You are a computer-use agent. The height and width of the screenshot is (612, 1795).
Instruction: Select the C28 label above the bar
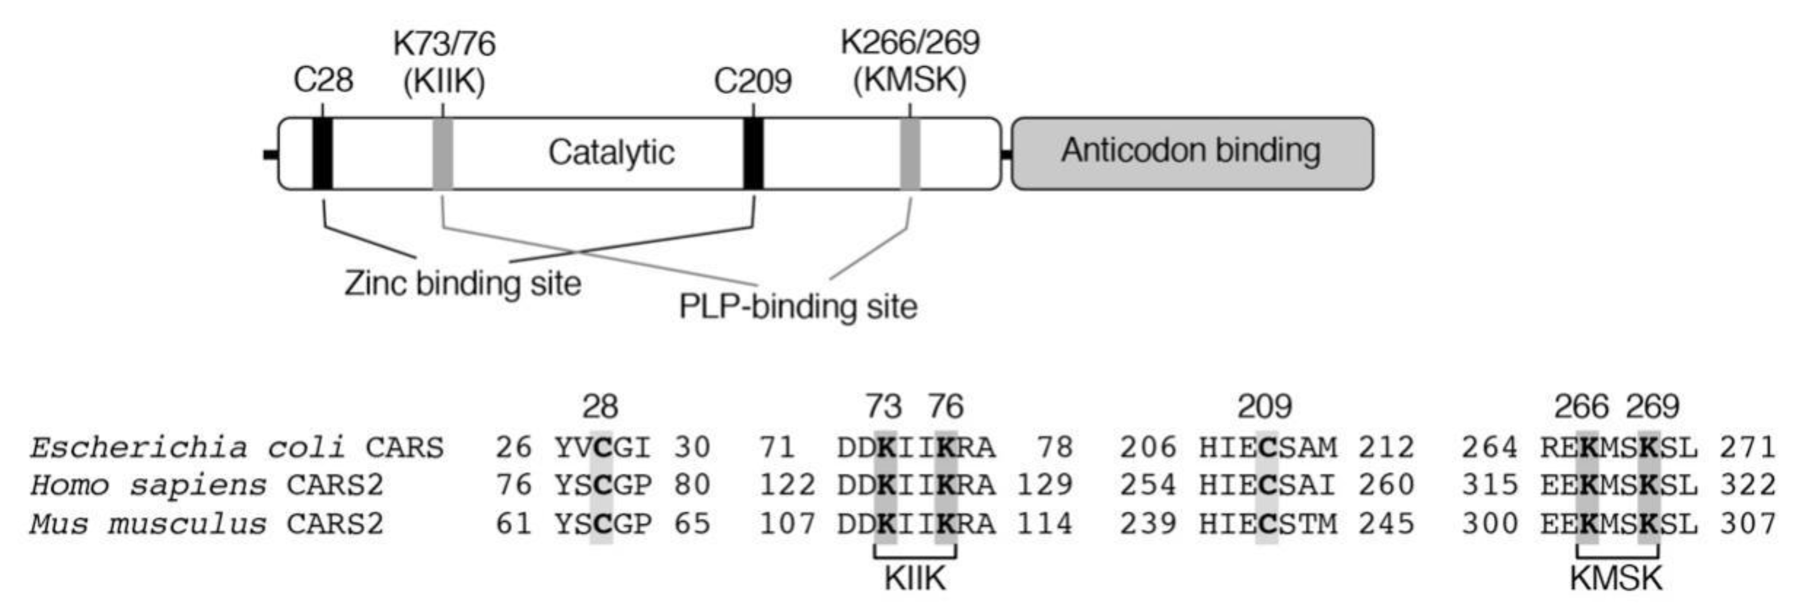323,80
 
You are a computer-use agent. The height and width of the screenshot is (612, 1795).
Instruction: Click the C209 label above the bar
753,82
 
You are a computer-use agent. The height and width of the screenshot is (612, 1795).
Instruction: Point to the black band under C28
323,153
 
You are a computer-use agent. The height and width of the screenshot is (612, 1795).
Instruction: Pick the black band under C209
753,153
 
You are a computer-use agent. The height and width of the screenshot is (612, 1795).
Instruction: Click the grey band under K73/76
443,153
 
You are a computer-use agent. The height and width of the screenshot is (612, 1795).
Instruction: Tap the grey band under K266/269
910,153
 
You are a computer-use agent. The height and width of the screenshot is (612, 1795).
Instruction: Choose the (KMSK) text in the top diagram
910,80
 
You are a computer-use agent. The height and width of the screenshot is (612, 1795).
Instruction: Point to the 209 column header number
1264,406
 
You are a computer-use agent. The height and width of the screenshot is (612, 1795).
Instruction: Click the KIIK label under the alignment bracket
915,578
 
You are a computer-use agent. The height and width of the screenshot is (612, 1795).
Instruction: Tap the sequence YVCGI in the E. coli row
603,447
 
